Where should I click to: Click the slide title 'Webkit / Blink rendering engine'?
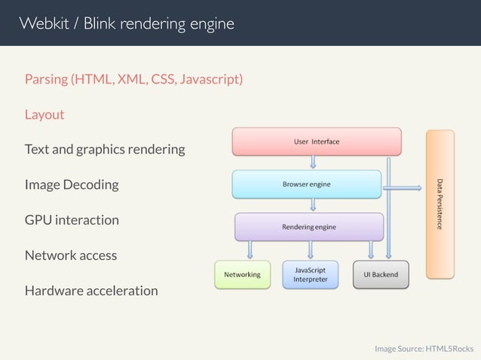click(x=127, y=23)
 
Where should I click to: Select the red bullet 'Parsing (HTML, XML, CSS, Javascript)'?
click(x=133, y=79)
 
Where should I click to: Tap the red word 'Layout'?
click(x=44, y=114)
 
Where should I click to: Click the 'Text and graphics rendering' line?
click(x=105, y=149)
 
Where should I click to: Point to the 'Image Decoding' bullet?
click(x=72, y=185)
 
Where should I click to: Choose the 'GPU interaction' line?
click(x=72, y=220)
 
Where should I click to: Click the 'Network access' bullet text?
click(x=71, y=255)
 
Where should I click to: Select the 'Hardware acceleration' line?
click(x=91, y=291)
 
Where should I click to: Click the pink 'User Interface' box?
click(x=316, y=142)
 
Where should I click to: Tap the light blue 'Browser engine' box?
click(x=307, y=184)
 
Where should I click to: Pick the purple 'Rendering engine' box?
click(x=309, y=227)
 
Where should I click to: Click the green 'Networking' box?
click(x=242, y=275)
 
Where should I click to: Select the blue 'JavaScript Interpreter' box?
click(x=310, y=275)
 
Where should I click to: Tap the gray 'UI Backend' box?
click(x=381, y=275)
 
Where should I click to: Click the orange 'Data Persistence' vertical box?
click(x=440, y=204)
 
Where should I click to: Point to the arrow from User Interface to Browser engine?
click(x=313, y=163)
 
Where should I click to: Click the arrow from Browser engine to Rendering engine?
click(x=313, y=206)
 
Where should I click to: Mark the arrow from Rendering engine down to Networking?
click(x=250, y=249)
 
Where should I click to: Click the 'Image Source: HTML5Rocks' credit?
click(x=424, y=349)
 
